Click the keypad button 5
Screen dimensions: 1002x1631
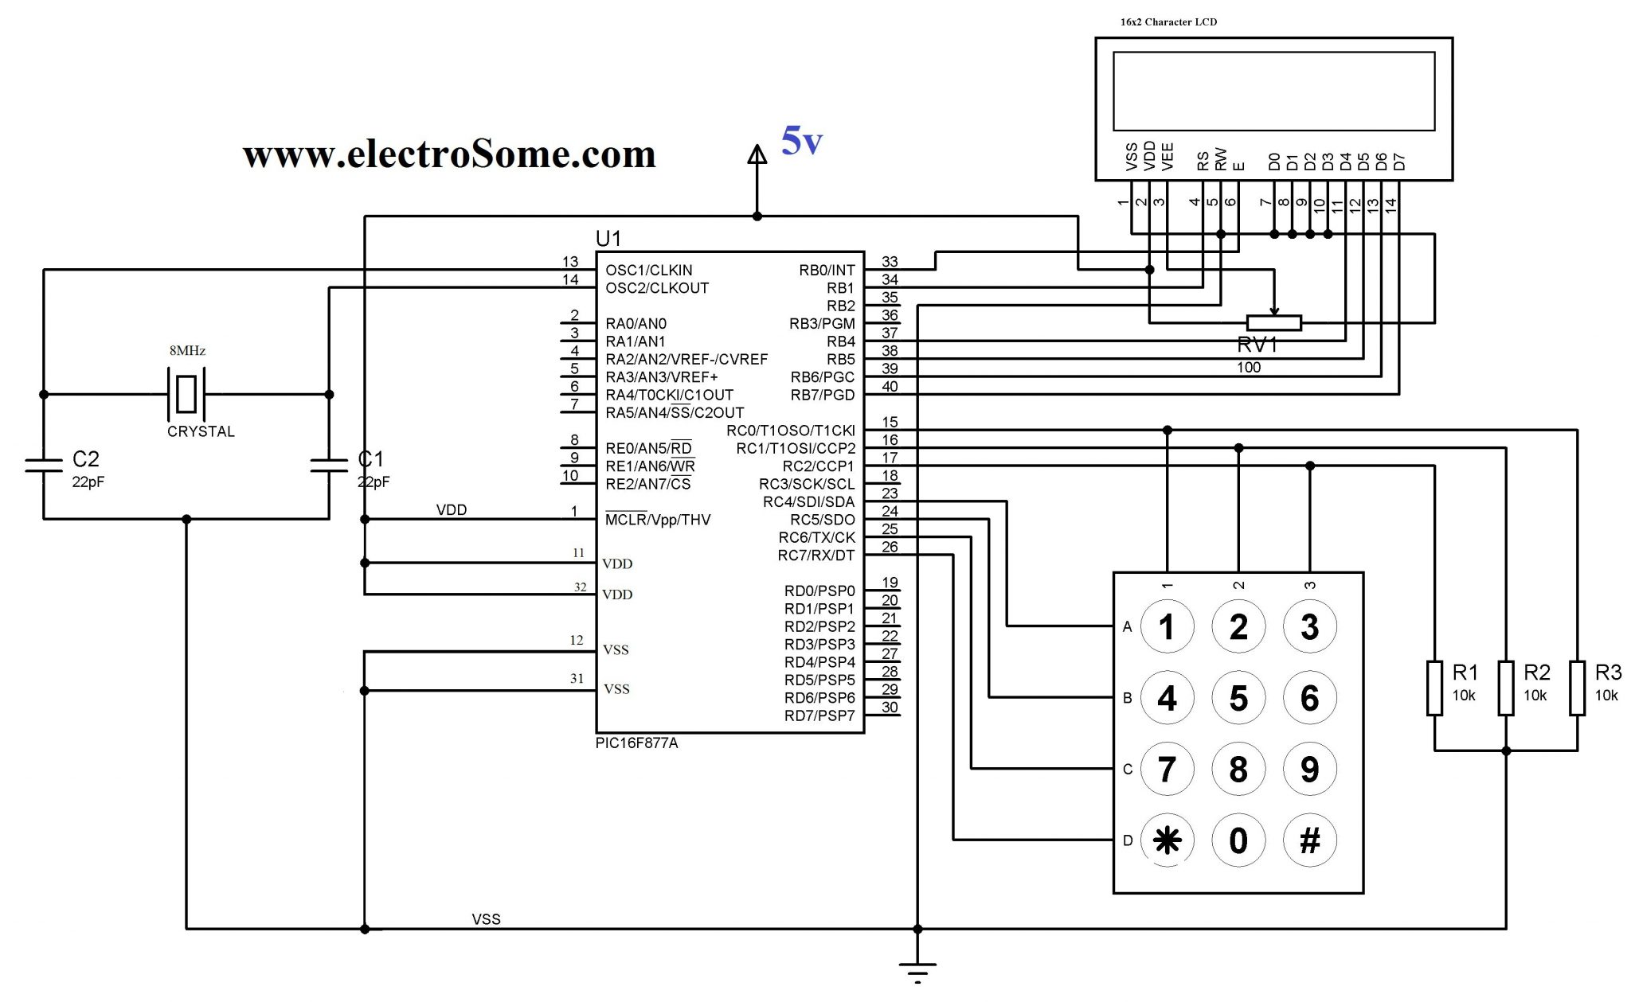pos(1238,698)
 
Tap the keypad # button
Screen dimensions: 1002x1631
pos(1309,840)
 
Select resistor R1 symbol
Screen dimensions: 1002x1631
pos(1434,688)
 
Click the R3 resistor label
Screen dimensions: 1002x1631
pos(1607,673)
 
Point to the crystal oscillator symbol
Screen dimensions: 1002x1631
pos(186,394)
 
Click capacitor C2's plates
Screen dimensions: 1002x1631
pos(44,465)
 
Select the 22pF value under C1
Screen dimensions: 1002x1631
pos(373,482)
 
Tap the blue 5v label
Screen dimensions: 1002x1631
pos(800,142)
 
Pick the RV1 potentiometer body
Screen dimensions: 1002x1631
pos(1273,322)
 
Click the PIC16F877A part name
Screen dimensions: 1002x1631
pos(636,743)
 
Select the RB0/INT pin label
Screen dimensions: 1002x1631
pos(827,271)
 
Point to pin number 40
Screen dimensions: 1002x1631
pos(890,387)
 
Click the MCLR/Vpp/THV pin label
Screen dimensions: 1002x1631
pos(658,520)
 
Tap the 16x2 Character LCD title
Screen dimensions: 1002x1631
pos(1168,21)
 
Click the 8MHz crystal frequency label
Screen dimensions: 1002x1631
pos(187,350)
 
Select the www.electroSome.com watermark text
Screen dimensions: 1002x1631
pos(449,154)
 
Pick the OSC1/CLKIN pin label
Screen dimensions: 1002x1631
pos(648,271)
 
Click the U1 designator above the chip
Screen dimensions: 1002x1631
pos(608,238)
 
